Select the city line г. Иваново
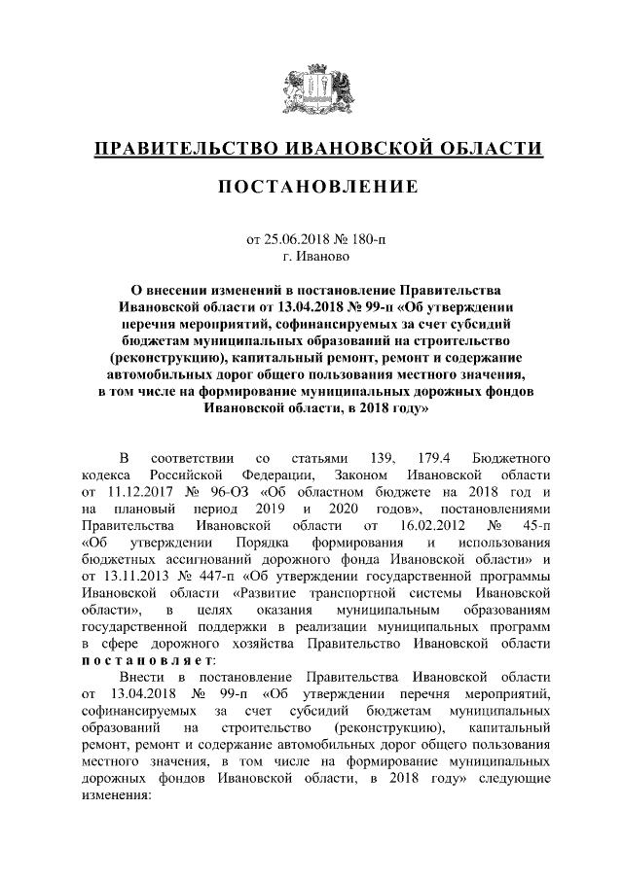point(311,258)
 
